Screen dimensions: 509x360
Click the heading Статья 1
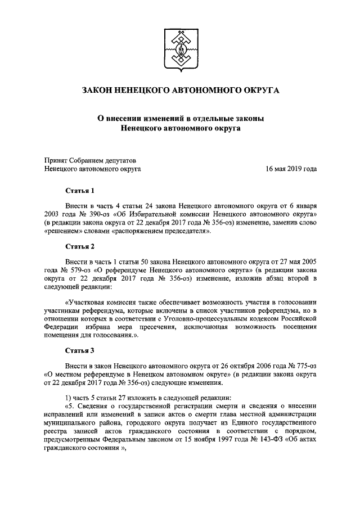80,191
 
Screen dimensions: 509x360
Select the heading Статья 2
80,247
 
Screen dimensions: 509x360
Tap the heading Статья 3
80,350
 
